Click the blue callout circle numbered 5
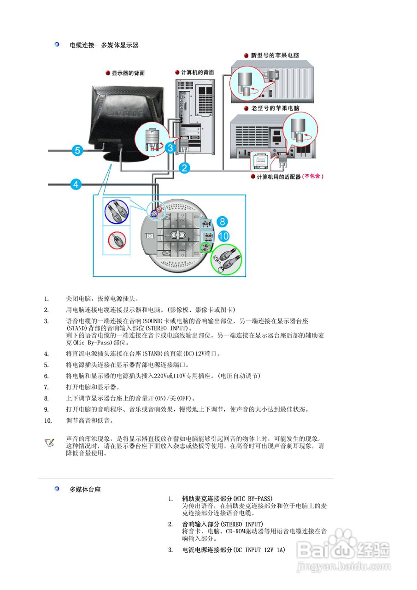tap(77, 150)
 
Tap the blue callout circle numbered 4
tap(76, 185)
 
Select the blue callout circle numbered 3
tap(170, 148)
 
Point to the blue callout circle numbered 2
tap(184, 168)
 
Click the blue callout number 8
tap(222, 222)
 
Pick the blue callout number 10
tap(223, 236)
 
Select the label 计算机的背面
tap(197, 72)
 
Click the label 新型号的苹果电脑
tap(275, 55)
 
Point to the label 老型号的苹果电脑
tap(275, 108)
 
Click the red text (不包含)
tap(313, 177)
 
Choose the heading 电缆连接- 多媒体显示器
tap(104, 45)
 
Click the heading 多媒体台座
tap(85, 490)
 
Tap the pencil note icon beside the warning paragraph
tap(49, 442)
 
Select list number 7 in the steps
tap(46, 387)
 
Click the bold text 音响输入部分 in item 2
tap(201, 524)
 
